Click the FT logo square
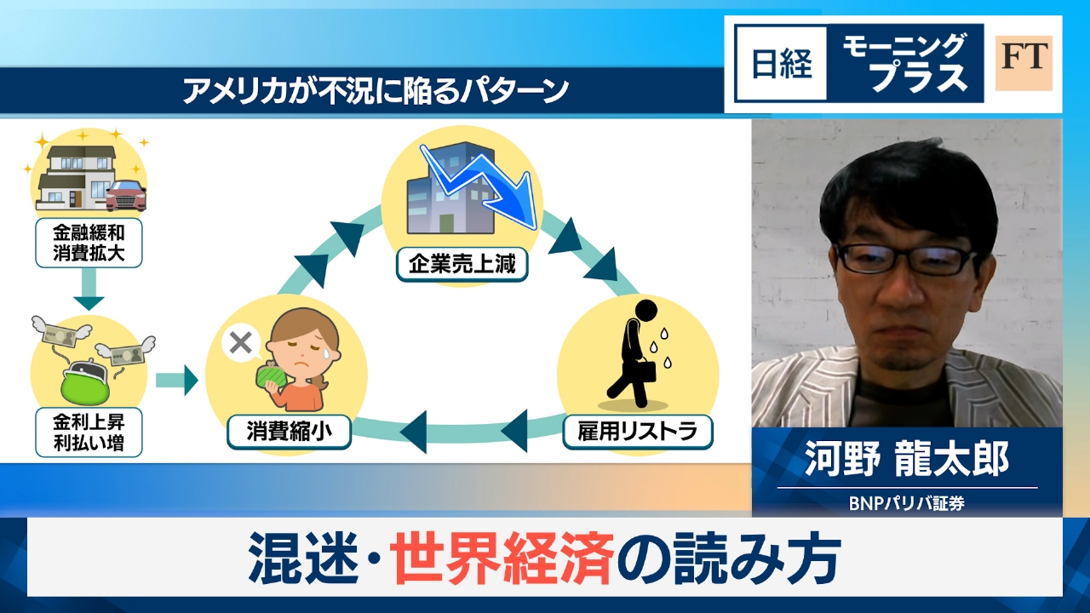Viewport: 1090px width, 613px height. point(1024,63)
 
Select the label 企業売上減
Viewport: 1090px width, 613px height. point(462,265)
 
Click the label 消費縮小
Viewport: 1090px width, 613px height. point(290,433)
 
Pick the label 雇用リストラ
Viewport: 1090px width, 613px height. point(638,433)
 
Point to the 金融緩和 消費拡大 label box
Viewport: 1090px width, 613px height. point(89,242)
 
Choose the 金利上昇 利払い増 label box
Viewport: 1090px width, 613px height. point(89,431)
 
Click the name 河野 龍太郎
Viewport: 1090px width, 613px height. point(906,459)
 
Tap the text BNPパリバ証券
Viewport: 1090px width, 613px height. point(906,502)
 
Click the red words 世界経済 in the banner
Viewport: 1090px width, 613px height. point(503,558)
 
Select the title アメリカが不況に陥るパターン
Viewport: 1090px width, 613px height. point(375,91)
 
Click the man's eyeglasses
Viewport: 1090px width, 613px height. point(904,258)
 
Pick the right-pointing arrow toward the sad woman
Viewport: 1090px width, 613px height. point(176,380)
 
